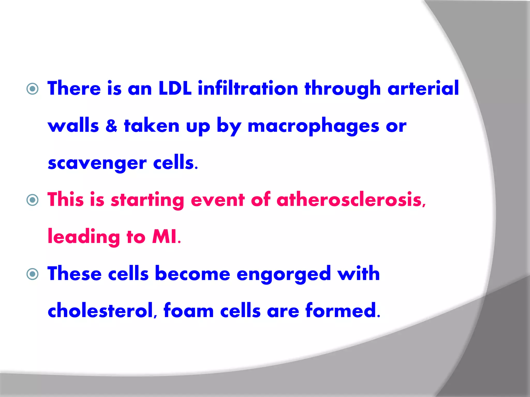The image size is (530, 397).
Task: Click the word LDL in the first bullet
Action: pos(175,88)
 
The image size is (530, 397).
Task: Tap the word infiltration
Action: pos(248,88)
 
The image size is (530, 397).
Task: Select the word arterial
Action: pos(423,88)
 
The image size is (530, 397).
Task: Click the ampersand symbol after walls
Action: pos(111,126)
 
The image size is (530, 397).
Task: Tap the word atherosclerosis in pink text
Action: pos(351,200)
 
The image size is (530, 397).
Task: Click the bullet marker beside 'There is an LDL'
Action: pos(33,89)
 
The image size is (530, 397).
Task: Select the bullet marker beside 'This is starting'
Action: pos(33,200)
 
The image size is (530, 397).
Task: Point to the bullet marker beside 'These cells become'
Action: pos(33,274)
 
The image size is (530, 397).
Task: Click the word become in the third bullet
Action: pos(192,274)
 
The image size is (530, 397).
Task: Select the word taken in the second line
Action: pos(152,126)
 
